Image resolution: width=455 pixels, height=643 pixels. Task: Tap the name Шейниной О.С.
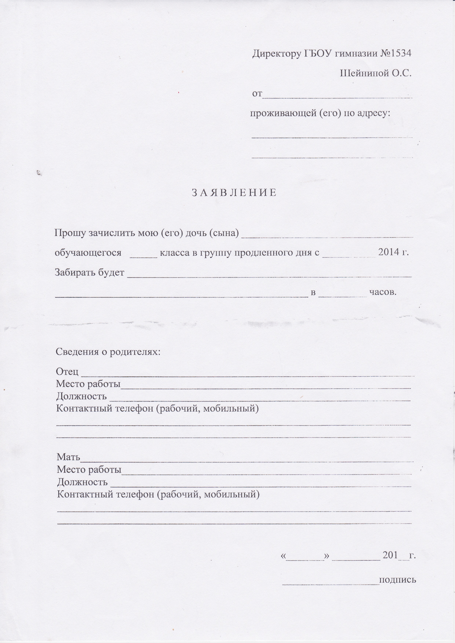[376, 73]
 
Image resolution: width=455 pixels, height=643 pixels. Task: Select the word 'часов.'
[383, 292]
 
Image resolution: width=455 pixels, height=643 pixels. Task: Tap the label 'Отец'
[67, 372]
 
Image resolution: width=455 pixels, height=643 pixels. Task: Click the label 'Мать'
[68, 457]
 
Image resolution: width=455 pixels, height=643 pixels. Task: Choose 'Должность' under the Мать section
[82, 482]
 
